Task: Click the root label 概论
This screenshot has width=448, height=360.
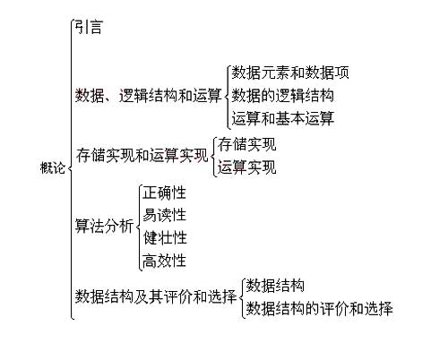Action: tap(53, 167)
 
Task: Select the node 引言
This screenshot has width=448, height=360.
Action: tap(89, 27)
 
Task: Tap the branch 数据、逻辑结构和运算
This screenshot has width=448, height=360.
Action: tap(149, 96)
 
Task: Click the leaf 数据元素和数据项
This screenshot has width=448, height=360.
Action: tap(290, 73)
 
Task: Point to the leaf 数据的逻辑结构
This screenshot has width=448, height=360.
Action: tap(283, 96)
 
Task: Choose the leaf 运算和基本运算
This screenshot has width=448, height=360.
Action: tap(283, 118)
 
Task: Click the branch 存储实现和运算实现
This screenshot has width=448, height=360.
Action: tap(142, 155)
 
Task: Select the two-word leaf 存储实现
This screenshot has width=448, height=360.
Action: tap(246, 144)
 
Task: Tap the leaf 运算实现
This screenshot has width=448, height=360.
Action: tap(246, 167)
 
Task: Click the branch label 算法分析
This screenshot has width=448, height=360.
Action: tap(104, 226)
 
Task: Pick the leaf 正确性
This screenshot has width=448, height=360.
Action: tap(165, 193)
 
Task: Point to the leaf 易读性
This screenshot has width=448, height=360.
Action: tap(165, 215)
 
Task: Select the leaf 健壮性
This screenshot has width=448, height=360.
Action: tap(165, 237)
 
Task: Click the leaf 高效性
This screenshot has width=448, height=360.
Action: tap(165, 261)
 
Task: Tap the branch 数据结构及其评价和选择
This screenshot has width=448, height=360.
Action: tap(156, 296)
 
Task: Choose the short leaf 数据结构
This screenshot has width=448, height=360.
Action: tap(275, 286)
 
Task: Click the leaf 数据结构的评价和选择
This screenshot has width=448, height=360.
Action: tap(319, 308)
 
